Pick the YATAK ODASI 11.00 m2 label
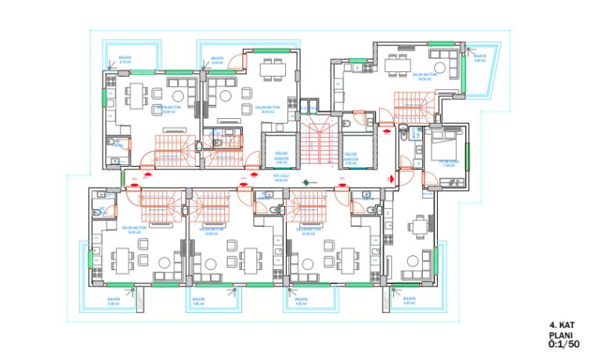tap(449, 164)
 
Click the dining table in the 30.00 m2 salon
tap(273, 69)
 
